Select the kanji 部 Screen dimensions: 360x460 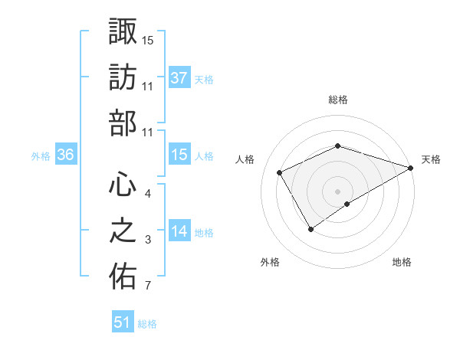click(123, 124)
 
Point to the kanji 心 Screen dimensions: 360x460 click(123, 185)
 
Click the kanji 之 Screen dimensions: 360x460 click(123, 231)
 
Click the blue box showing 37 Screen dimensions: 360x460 click(179, 77)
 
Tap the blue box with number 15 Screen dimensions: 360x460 click(179, 155)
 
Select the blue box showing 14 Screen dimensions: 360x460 click(179, 231)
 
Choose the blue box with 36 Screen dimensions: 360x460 click(66, 155)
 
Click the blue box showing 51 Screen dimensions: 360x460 click(123, 322)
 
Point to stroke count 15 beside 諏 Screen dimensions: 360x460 click(148, 39)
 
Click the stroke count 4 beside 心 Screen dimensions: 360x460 click(148, 193)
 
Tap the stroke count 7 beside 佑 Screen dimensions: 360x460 click(148, 286)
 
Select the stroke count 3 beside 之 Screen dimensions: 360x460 click(148, 240)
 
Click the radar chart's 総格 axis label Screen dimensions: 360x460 click(338, 100)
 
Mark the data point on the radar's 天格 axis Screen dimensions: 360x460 click(411, 168)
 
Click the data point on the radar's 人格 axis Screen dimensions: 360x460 click(280, 172)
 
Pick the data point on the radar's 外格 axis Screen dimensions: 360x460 click(311, 228)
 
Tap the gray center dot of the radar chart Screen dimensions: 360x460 click(338, 191)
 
